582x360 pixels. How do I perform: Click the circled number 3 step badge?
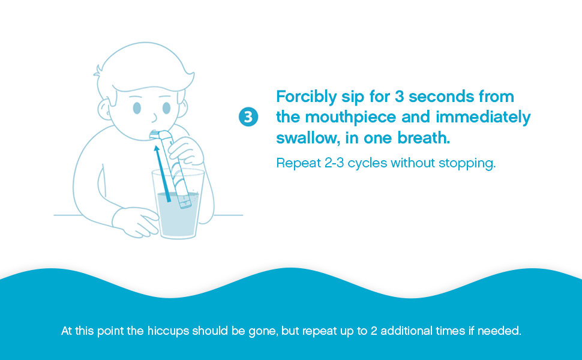click(248, 116)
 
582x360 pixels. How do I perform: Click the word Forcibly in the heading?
click(306, 97)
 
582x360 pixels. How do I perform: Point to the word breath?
click(424, 137)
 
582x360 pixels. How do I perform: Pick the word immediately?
click(483, 118)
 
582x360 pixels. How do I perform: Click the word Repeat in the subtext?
click(298, 163)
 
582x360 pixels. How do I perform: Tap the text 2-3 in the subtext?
click(334, 163)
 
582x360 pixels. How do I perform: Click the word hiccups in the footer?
click(168, 331)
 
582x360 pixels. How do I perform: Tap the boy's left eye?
click(166, 109)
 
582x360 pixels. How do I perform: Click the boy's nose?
click(154, 118)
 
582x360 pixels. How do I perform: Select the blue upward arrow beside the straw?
click(162, 173)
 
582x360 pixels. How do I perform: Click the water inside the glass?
click(178, 215)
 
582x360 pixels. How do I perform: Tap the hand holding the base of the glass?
click(136, 222)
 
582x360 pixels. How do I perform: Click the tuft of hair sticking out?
click(98, 71)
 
